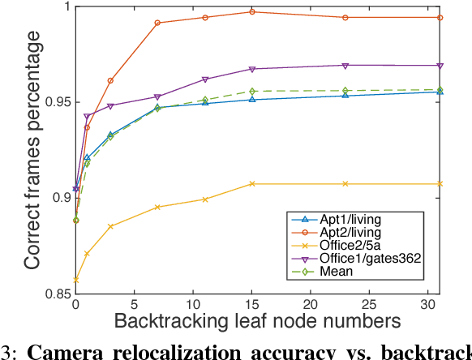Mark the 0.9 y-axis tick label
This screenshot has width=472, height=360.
point(58,198)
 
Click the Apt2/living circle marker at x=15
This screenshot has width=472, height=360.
point(251,12)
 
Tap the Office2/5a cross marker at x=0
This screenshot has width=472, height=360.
point(75,279)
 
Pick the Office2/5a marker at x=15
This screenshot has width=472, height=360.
point(251,184)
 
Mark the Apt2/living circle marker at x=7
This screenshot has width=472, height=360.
point(157,24)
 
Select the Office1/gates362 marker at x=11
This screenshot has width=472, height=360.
point(204,79)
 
